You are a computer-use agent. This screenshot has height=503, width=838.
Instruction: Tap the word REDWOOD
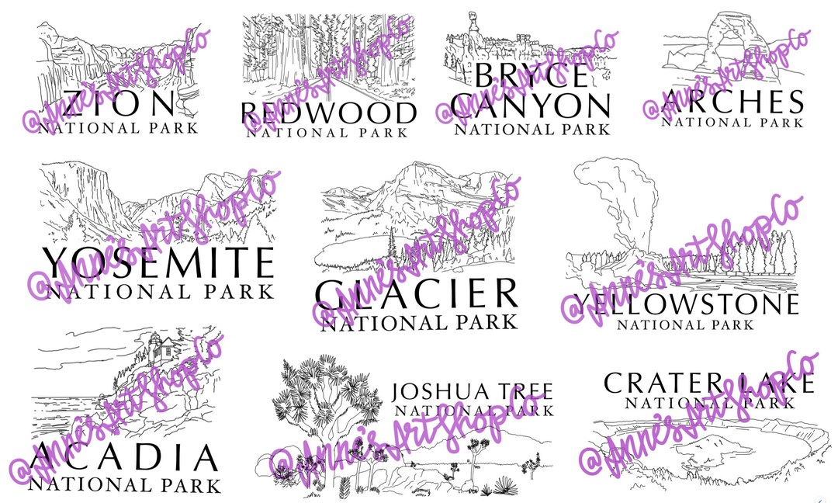[328, 114]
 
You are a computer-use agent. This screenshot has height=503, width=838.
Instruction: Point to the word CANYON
[532, 106]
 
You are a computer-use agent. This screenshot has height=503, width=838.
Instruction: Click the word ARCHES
[722, 102]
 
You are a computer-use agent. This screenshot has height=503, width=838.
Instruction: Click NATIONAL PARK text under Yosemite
[160, 291]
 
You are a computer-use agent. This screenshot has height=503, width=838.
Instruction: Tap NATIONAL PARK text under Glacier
[418, 321]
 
